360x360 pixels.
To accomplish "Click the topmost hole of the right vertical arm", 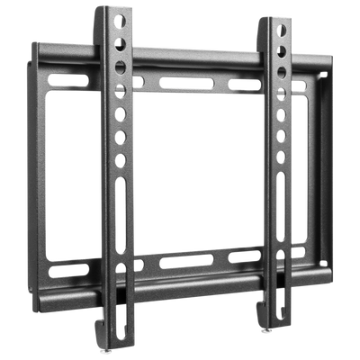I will [282, 30].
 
